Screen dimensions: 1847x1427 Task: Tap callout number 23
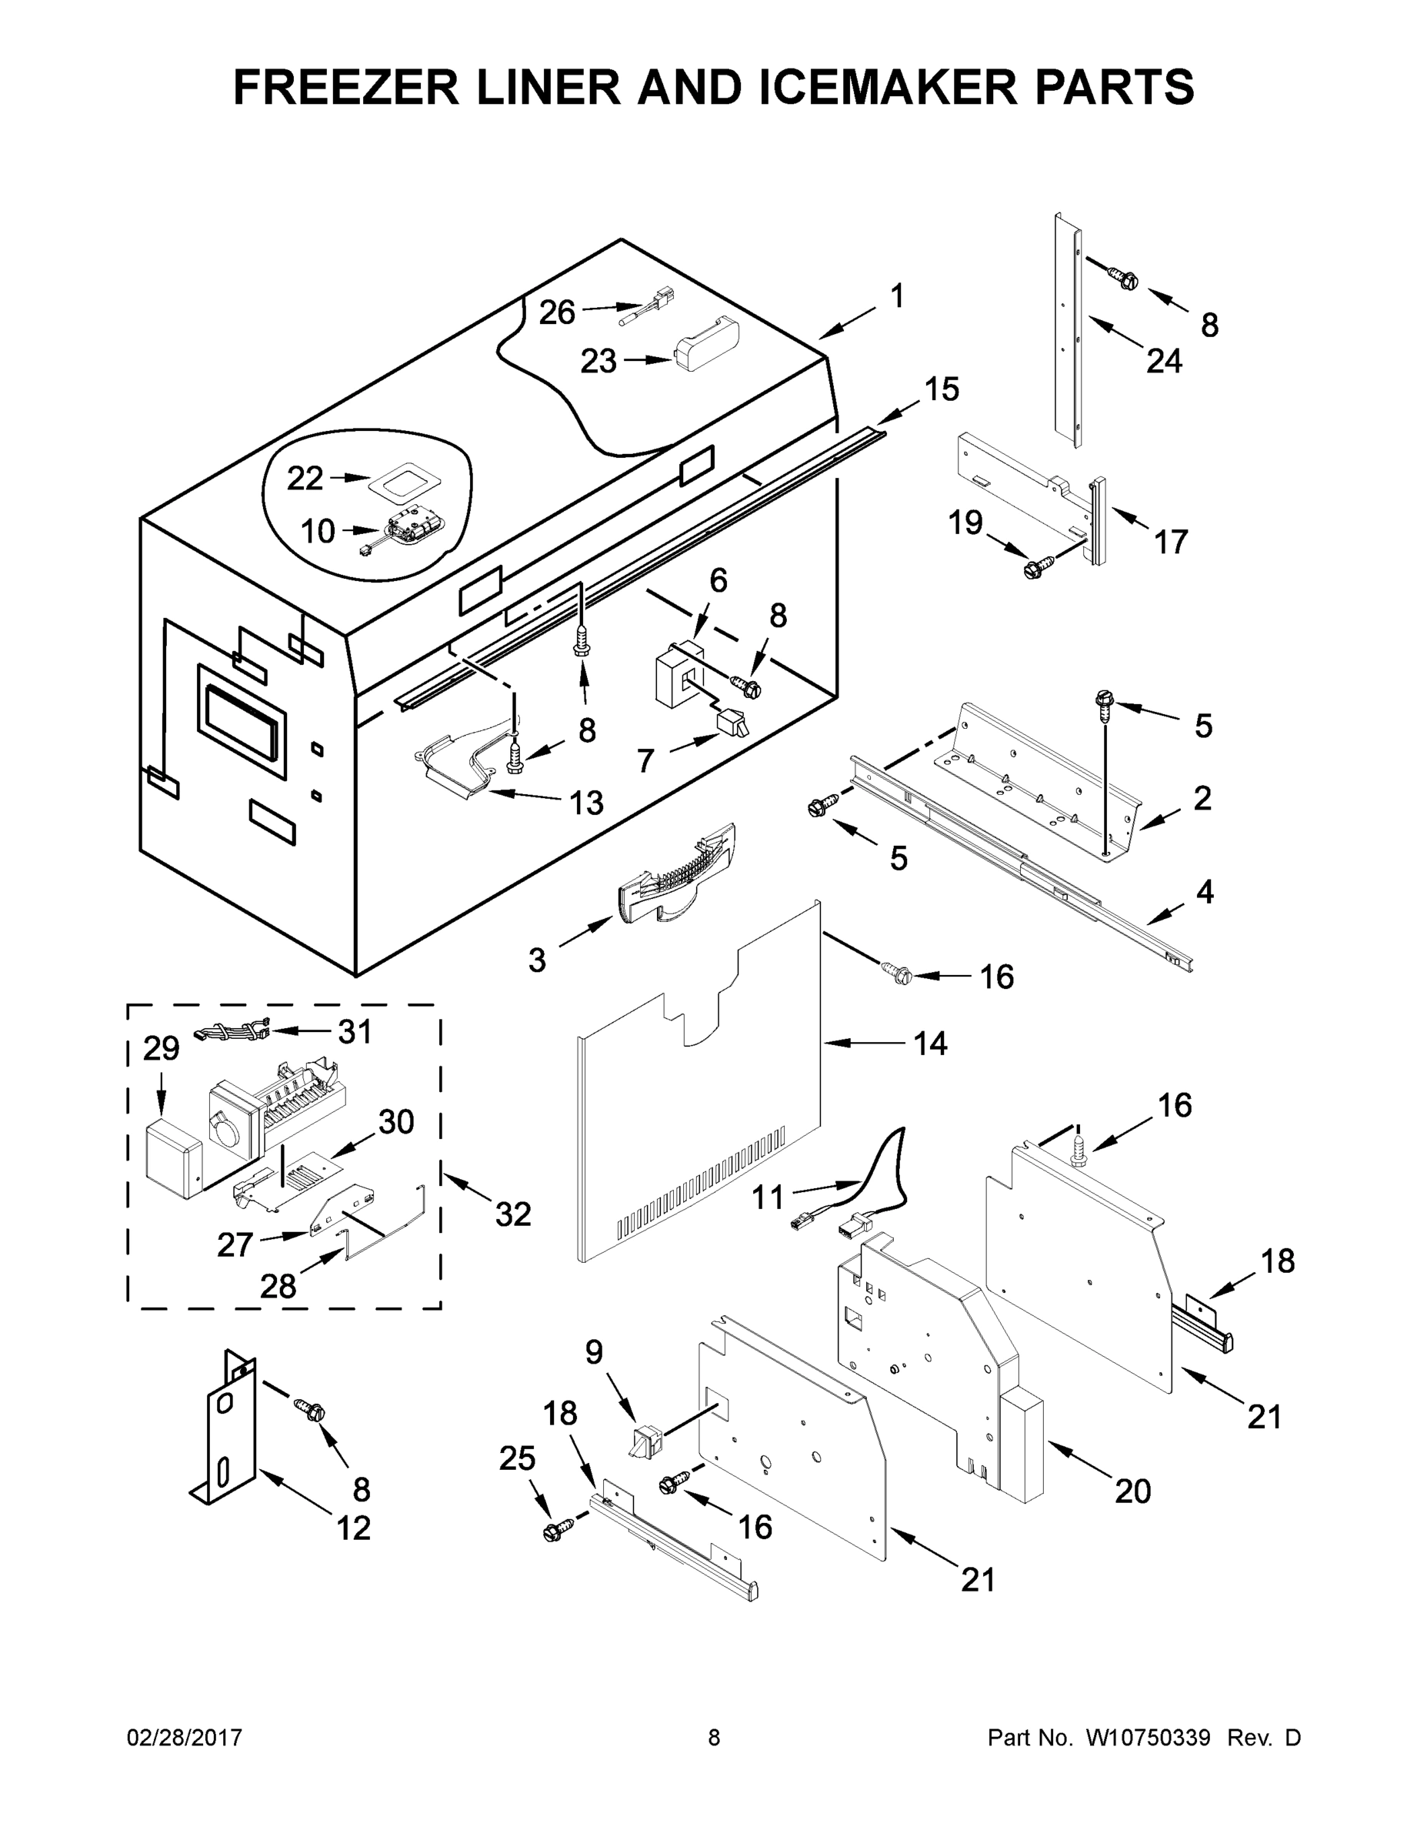point(598,362)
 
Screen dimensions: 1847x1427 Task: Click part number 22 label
point(305,479)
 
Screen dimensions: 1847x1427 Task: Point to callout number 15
point(941,390)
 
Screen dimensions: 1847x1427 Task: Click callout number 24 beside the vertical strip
point(1163,362)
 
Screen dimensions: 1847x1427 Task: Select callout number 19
point(965,523)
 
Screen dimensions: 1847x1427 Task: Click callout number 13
point(586,803)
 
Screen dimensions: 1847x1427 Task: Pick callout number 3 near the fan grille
point(537,960)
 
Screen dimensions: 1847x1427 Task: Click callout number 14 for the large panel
point(930,1044)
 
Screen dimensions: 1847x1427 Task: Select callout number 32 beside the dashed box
point(513,1214)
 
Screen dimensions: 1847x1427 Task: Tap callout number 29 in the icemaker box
point(161,1049)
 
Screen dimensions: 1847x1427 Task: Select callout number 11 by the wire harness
point(768,1197)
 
